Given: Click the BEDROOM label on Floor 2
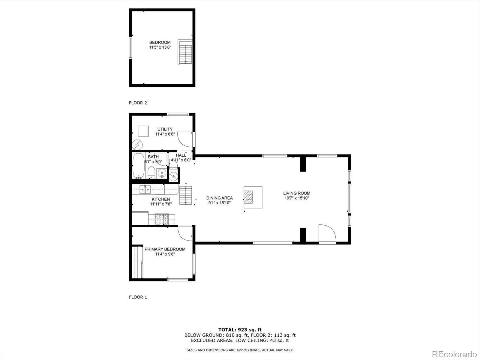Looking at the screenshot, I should (x=160, y=42).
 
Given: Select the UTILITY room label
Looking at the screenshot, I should (x=165, y=129).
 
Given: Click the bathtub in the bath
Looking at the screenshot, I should (x=138, y=166).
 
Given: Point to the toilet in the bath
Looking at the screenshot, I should (x=151, y=172).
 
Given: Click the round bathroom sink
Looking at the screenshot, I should (x=162, y=173).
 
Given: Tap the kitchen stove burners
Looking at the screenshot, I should (x=162, y=219).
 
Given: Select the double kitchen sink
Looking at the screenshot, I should (x=145, y=189).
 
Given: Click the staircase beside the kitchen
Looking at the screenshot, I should (x=185, y=195).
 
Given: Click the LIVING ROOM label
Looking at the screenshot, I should (x=297, y=193).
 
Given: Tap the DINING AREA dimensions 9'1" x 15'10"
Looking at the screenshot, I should (x=219, y=203).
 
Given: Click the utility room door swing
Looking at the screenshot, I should (x=185, y=139).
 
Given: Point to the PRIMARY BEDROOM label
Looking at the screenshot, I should (x=165, y=249).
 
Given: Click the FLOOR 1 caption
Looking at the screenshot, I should (x=138, y=297).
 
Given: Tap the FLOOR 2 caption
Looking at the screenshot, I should (x=138, y=103).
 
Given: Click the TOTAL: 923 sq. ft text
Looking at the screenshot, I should (x=240, y=330).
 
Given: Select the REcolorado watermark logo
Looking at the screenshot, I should (x=454, y=354).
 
